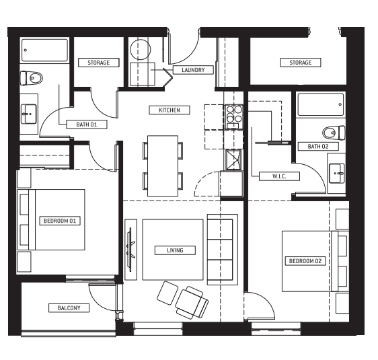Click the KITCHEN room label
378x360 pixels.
169,110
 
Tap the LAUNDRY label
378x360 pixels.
193,70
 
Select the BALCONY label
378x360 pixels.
69,308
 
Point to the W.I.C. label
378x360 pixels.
279,176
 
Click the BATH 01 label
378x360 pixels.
87,124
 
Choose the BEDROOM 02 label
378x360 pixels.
305,261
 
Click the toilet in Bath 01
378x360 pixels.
32,78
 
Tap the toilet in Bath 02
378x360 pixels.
334,133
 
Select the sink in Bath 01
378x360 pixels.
29,114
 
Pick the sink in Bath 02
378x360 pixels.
337,173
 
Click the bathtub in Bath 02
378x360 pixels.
321,105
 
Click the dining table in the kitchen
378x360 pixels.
163,166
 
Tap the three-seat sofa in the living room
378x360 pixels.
223,250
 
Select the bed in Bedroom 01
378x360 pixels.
51,219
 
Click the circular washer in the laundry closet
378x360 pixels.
141,49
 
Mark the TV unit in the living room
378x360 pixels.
131,250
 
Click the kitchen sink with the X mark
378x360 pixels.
233,159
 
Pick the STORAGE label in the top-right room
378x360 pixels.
301,63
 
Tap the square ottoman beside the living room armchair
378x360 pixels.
167,293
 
